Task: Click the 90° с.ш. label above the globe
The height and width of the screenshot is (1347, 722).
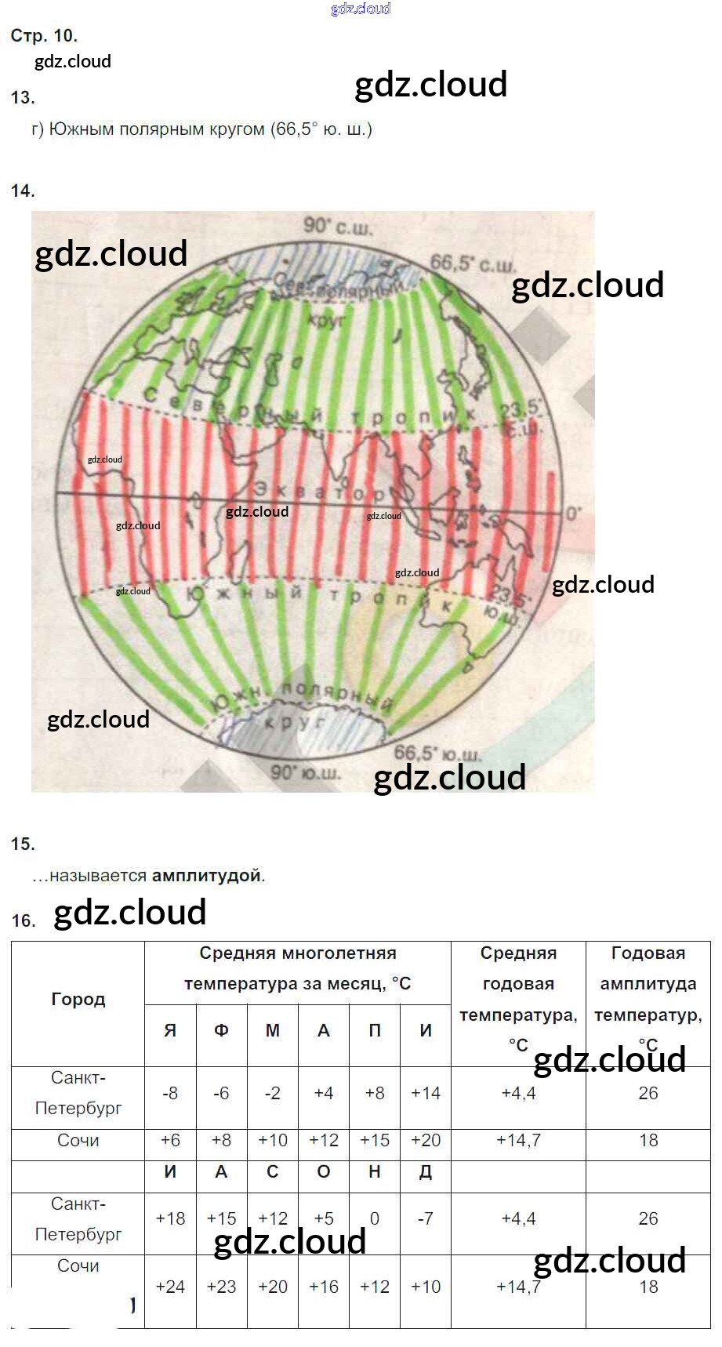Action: pos(338,227)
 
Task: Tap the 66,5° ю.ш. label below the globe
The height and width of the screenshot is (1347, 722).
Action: pos(437,753)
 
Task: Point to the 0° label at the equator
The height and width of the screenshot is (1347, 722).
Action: pos(573,514)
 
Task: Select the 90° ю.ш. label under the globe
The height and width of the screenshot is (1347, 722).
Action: pos(305,772)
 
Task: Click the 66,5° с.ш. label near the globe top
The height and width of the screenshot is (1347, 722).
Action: pos(473,264)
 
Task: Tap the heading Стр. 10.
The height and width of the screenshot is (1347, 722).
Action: pos(44,35)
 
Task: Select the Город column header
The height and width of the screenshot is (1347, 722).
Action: pos(78,1000)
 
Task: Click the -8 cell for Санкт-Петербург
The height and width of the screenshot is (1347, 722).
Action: pos(170,1093)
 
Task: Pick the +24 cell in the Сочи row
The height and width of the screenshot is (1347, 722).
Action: pos(170,1287)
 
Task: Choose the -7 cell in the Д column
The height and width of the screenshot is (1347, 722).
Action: pos(425,1218)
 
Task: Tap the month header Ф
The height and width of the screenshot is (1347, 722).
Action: pos(221,1031)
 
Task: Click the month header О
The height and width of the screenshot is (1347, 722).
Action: pos(323,1172)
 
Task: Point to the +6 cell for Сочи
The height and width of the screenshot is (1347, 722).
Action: pos(170,1140)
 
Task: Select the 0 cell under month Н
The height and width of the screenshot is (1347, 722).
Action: pos(375,1218)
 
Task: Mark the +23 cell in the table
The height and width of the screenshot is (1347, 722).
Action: pos(221,1287)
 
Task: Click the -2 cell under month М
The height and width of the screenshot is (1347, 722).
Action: pos(272,1093)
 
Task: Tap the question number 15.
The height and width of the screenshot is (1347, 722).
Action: pos(23,844)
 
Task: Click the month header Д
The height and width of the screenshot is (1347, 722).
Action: pos(425,1172)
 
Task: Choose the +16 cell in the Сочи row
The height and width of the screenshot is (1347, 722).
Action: pos(323,1287)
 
